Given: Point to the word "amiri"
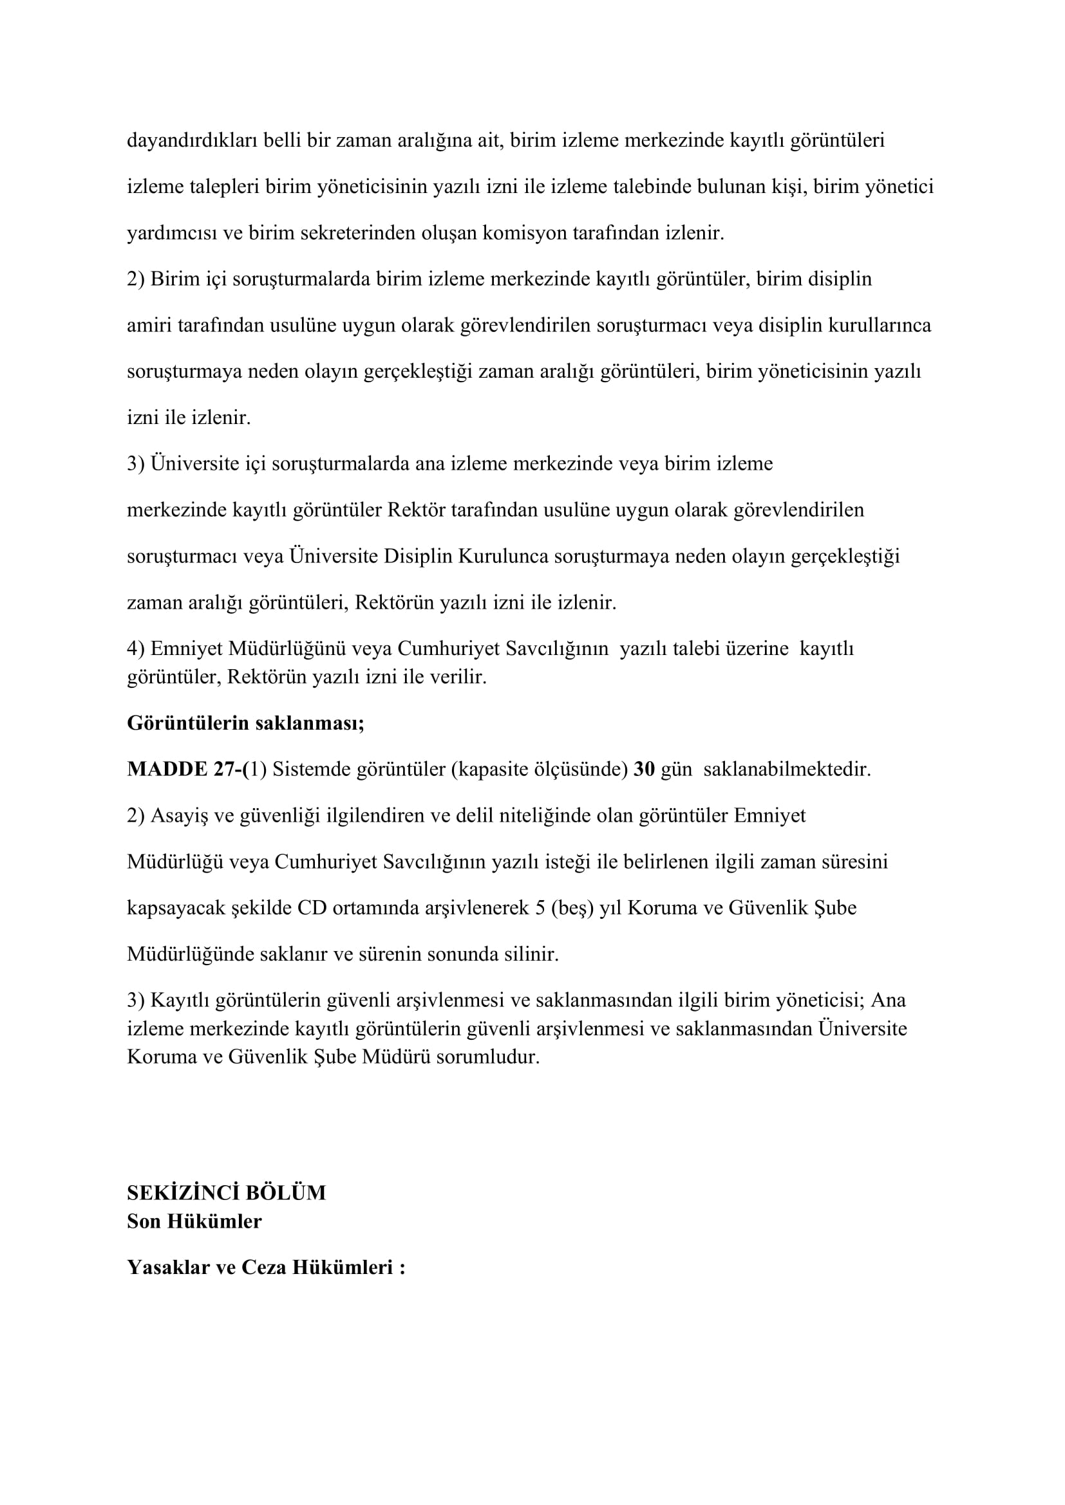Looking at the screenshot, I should point(149,325).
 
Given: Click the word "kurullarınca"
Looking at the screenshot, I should point(880,325).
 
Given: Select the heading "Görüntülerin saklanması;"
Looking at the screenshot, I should point(245,723).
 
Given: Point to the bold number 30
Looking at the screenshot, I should point(644,769).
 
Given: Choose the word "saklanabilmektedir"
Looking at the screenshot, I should point(786,769).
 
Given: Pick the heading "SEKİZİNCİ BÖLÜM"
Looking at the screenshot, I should point(226,1192).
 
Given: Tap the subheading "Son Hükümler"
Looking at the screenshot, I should point(194,1221).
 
